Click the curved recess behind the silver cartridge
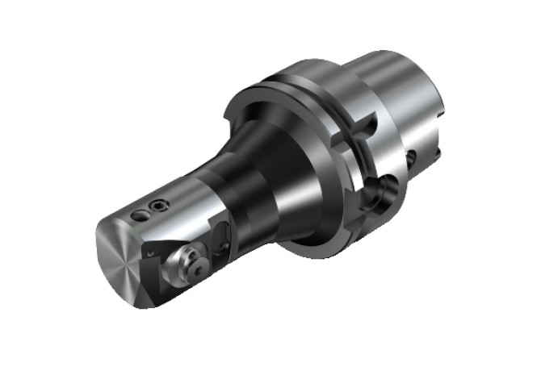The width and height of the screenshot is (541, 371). pyautogui.click(x=223, y=237)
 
